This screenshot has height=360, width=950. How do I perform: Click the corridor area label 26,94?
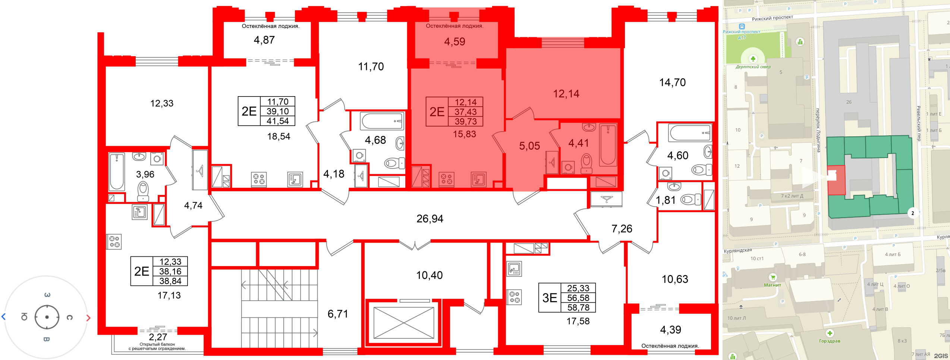pyautogui.click(x=430, y=219)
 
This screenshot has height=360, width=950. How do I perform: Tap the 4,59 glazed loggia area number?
pyautogui.click(x=454, y=41)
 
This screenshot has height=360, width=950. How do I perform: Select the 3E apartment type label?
pyautogui.click(x=550, y=298)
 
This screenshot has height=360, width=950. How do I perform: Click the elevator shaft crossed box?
pyautogui.click(x=404, y=323)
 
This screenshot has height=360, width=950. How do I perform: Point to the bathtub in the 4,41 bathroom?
pyautogui.click(x=608, y=145)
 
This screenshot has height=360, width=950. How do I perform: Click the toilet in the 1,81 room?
pyautogui.click(x=691, y=200)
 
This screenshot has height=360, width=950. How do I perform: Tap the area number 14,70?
pyautogui.click(x=672, y=82)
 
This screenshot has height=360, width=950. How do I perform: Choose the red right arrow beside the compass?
pyautogui.click(x=88, y=318)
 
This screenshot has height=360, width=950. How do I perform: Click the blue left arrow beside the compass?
pyautogui.click(x=4, y=317)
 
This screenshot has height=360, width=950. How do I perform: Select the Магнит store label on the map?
pyautogui.click(x=772, y=285)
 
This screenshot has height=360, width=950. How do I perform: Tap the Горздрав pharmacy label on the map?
pyautogui.click(x=830, y=341)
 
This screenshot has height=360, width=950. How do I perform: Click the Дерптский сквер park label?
pyautogui.click(x=753, y=67)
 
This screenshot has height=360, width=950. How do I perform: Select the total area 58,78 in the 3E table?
pyautogui.click(x=578, y=307)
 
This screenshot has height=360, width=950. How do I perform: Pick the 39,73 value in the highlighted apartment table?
pyautogui.click(x=466, y=121)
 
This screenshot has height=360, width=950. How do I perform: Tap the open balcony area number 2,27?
pyautogui.click(x=158, y=337)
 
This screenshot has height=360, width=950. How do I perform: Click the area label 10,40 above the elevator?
pyautogui.click(x=430, y=275)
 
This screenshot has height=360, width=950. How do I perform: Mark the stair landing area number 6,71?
pyautogui.click(x=338, y=314)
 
